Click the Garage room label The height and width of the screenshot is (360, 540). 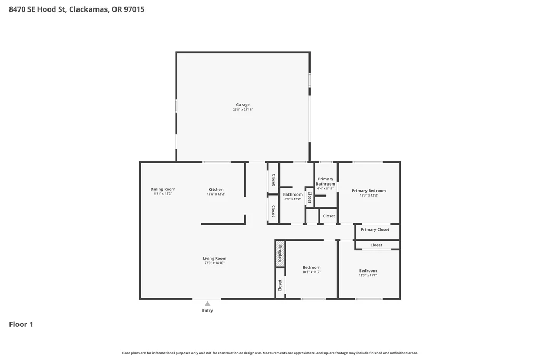[243, 105]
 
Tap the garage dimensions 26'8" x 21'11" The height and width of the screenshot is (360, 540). [243, 110]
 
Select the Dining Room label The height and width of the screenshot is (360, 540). [163, 189]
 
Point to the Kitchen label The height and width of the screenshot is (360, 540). [216, 189]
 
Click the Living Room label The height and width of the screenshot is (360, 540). [215, 258]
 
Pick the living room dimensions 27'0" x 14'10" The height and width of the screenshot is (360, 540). [215, 263]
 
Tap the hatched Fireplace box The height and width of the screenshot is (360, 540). [281, 254]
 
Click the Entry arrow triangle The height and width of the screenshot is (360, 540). [207, 304]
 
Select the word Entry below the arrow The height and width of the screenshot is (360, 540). [207, 310]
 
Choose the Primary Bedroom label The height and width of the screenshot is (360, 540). [369, 191]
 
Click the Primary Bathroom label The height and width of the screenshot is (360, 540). [325, 181]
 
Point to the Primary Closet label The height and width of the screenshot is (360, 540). [375, 230]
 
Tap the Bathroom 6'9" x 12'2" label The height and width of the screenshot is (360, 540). [293, 197]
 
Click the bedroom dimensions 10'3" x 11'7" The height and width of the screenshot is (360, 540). [312, 272]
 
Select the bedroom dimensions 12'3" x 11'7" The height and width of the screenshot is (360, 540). [368, 275]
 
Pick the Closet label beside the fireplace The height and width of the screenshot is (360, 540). [280, 285]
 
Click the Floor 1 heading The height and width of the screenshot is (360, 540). [21, 324]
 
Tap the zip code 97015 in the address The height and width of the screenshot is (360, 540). [134, 9]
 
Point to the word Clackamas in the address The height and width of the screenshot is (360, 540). [89, 9]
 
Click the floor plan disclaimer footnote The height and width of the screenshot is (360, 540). [270, 353]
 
